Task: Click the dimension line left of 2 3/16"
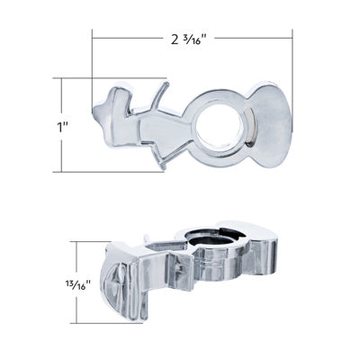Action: click(x=126, y=38)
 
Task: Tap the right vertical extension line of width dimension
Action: click(x=292, y=63)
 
